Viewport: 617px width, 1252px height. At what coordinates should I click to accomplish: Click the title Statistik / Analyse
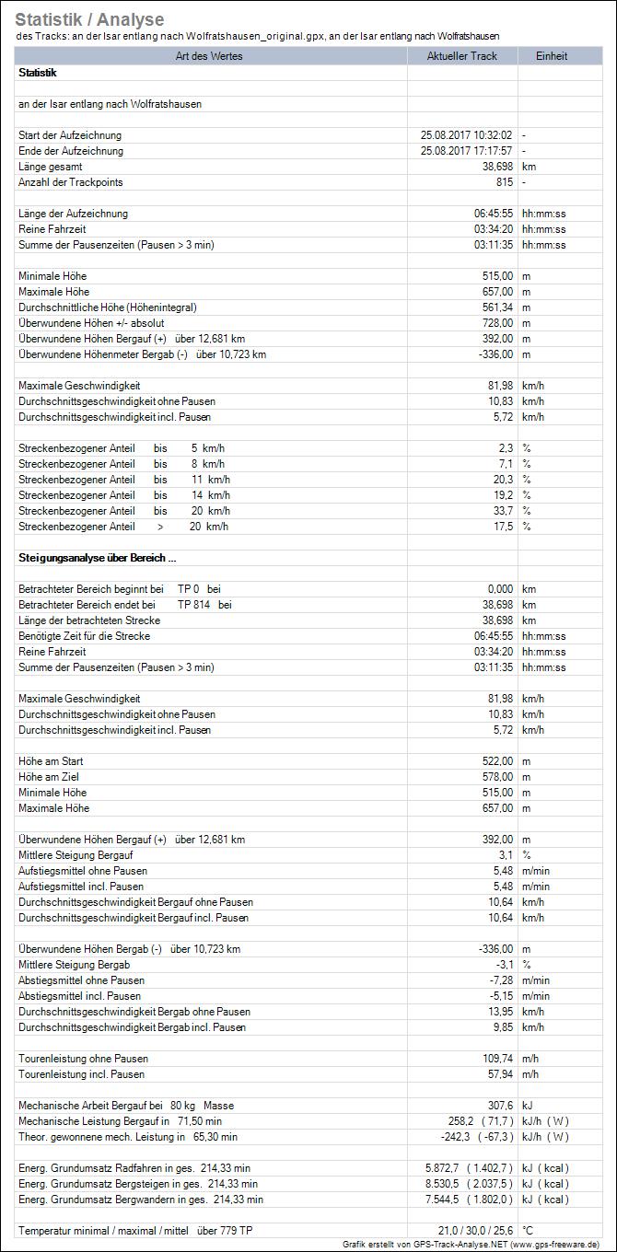pyautogui.click(x=90, y=19)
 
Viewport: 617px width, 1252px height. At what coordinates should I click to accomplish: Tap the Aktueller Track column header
pyautogui.click(x=461, y=56)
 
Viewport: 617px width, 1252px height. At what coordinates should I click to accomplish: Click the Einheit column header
pyautogui.click(x=552, y=56)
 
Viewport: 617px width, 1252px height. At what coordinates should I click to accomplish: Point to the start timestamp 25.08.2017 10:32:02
pyautogui.click(x=466, y=135)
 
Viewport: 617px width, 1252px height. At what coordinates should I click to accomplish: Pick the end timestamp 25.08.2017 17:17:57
pyautogui.click(x=466, y=151)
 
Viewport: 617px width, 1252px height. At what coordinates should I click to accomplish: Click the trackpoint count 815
pyautogui.click(x=503, y=182)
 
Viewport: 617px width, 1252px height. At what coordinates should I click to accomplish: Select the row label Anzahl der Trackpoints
pyautogui.click(x=70, y=182)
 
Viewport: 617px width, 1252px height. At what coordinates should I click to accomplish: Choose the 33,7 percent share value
pyautogui.click(x=502, y=511)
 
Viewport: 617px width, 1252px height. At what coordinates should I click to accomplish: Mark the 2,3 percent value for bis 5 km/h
pyautogui.click(x=504, y=448)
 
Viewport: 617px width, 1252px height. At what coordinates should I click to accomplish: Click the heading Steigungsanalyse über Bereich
pyautogui.click(x=97, y=558)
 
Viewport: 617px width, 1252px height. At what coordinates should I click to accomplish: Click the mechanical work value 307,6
pyautogui.click(x=499, y=1106)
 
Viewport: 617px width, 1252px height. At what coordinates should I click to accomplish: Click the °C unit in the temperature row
pyautogui.click(x=529, y=1231)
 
